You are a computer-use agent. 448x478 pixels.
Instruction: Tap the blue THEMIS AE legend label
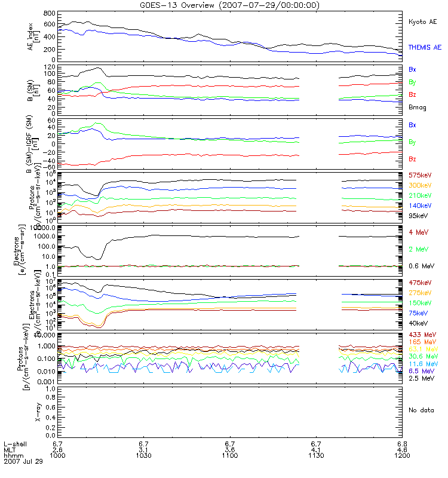click(x=425, y=47)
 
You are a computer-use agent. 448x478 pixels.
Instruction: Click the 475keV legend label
click(x=419, y=282)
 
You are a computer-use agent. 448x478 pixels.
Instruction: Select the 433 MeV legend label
click(x=421, y=334)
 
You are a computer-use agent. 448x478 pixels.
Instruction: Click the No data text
click(x=421, y=410)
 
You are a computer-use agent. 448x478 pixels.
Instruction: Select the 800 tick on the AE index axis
click(x=49, y=13)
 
